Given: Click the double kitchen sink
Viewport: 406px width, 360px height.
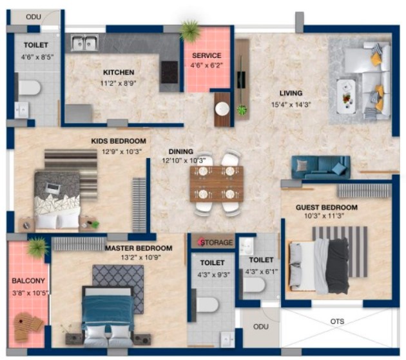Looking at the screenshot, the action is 84,43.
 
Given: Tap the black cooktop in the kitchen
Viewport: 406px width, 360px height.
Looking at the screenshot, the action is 169,72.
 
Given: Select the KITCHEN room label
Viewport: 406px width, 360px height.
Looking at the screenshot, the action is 119,72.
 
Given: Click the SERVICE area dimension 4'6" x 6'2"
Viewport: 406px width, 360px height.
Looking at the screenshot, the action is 207,65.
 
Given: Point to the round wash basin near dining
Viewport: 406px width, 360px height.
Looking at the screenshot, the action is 222,108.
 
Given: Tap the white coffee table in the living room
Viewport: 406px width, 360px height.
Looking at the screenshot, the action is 346,96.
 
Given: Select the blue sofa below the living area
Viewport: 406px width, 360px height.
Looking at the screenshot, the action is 321,167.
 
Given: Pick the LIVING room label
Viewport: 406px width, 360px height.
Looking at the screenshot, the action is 291,93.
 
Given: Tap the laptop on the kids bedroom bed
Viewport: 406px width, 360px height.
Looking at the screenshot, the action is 53,187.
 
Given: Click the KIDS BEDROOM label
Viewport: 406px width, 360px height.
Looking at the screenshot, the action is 119,141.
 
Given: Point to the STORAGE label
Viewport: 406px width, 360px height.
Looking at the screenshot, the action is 217,243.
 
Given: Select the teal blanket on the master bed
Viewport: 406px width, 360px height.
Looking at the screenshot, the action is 108,310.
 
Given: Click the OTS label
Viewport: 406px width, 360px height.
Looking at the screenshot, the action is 337,321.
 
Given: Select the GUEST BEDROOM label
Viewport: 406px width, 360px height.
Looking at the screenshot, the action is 327,207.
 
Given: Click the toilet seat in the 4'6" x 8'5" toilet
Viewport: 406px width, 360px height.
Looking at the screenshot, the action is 29,88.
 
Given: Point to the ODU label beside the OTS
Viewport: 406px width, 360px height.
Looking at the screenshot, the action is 261,326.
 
